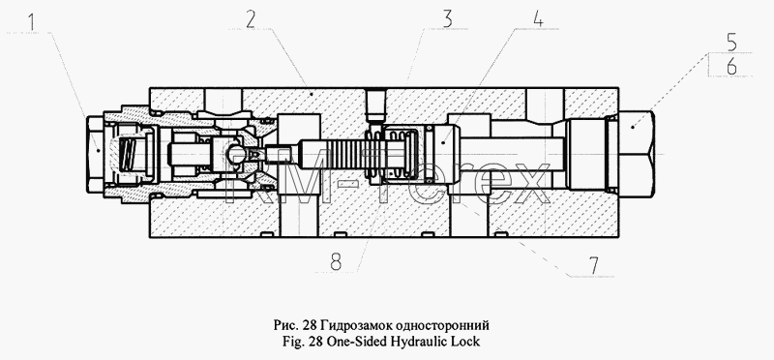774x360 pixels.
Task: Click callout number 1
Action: coord(31,23)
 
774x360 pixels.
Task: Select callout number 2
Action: coord(251,19)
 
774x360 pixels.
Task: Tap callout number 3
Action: coord(447,19)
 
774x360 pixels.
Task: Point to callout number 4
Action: coord(538,18)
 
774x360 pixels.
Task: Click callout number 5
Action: coord(731,43)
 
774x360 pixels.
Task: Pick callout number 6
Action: coord(731,66)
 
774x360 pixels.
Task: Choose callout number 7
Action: coord(592,266)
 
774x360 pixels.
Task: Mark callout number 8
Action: coord(336,261)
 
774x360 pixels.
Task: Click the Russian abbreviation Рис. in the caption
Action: coord(285,326)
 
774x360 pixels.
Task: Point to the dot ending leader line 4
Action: coord(443,142)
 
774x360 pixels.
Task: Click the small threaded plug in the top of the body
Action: coord(375,105)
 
